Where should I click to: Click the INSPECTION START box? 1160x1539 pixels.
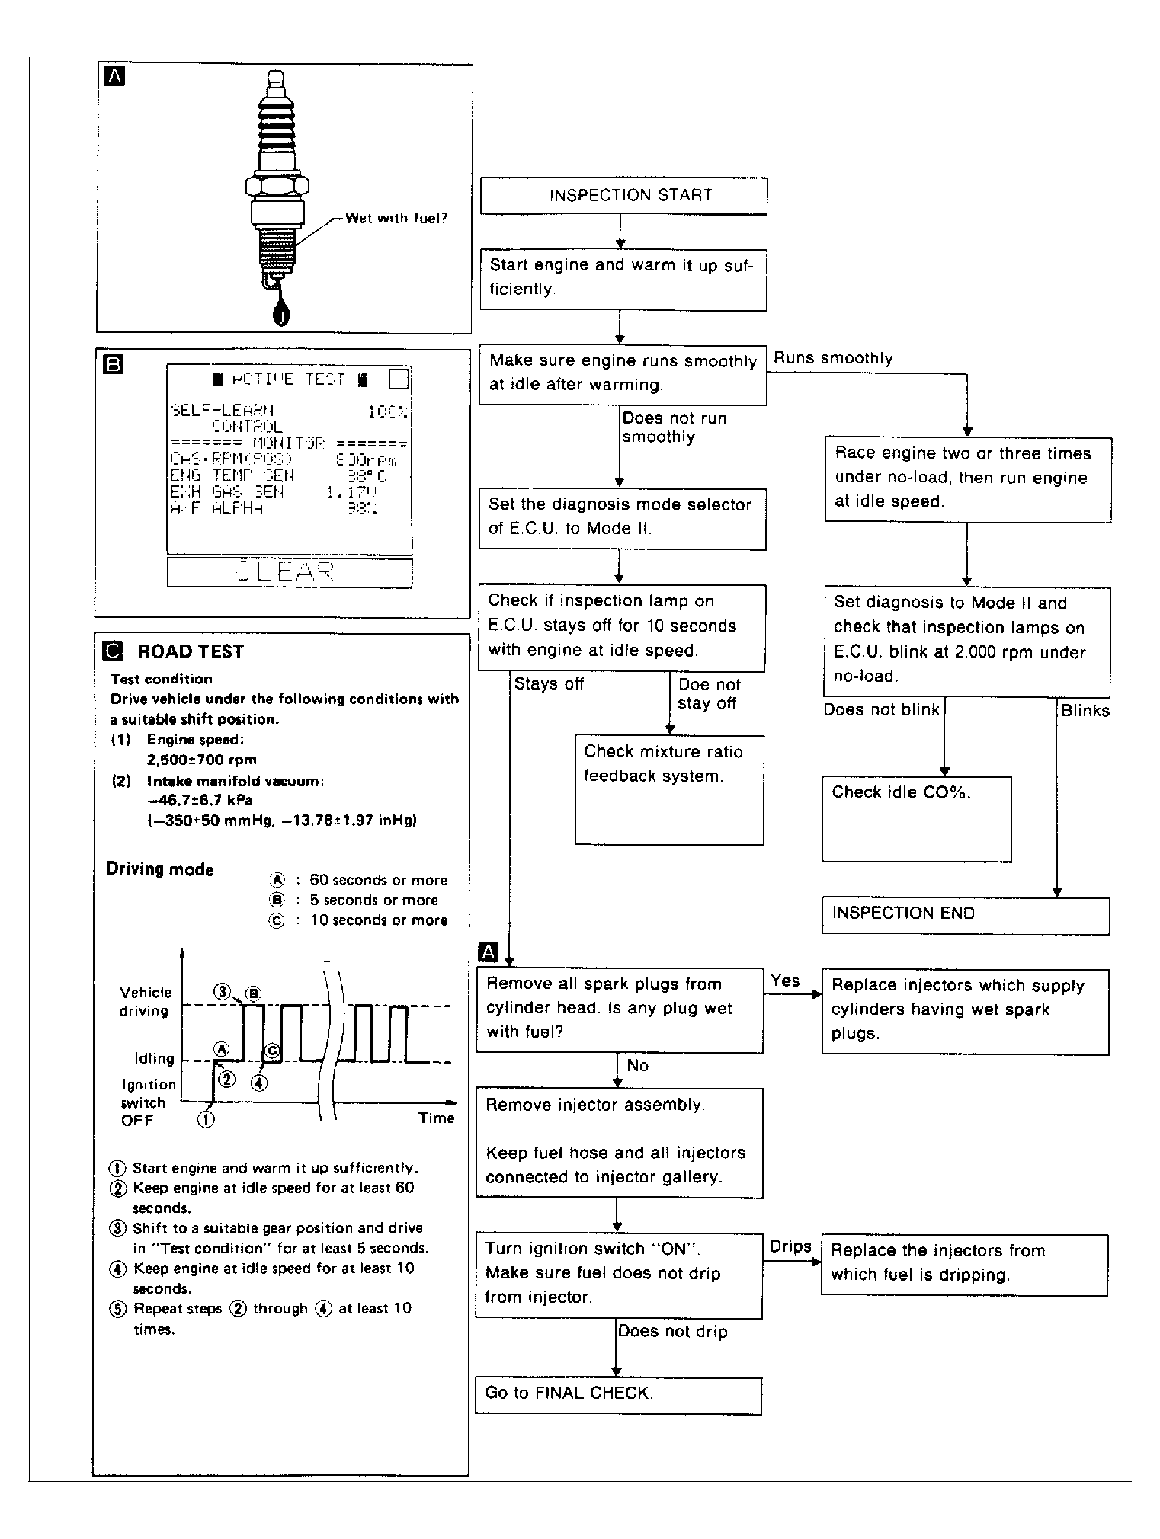[x=623, y=196]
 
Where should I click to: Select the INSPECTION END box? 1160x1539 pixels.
[x=965, y=915]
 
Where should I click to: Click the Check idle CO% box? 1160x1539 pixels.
[x=917, y=819]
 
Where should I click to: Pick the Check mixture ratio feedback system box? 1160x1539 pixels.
[x=669, y=789]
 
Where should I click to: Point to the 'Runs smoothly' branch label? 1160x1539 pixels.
[x=833, y=358]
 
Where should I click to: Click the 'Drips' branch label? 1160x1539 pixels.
[x=790, y=1246]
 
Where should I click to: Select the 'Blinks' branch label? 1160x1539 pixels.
[x=1085, y=711]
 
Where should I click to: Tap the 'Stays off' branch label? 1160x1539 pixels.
[x=549, y=684]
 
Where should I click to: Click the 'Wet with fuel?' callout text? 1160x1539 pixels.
[x=396, y=219]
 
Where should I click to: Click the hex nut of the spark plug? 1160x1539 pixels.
[x=277, y=185]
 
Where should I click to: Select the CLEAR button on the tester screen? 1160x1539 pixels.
[x=289, y=573]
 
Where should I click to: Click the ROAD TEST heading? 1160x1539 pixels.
[x=191, y=651]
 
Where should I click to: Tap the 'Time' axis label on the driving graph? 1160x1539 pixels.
[x=436, y=1118]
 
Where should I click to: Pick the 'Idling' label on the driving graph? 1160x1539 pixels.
[x=154, y=1059]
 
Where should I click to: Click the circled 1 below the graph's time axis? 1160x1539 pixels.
[x=206, y=1119]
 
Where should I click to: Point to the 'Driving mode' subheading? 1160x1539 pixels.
[x=159, y=869]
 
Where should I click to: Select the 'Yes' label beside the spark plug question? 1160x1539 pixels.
[x=785, y=981]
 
